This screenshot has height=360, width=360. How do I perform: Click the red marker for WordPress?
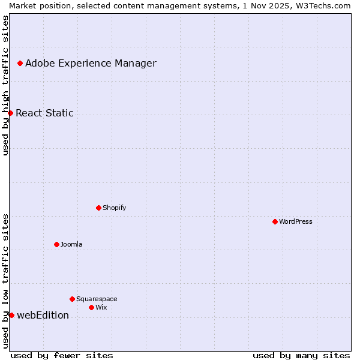(x=275, y=221)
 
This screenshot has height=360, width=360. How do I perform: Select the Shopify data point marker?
(x=98, y=208)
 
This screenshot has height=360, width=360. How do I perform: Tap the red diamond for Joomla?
(x=56, y=244)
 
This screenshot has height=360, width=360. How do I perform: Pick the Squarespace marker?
(x=72, y=299)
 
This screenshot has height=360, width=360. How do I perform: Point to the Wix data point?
(x=91, y=307)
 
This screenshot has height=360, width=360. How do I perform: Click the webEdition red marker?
(x=11, y=315)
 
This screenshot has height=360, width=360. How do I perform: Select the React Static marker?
(x=10, y=113)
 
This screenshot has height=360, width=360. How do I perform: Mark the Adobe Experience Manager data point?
(x=20, y=63)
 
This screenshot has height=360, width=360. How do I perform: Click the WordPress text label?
(x=296, y=221)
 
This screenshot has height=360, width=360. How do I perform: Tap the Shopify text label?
(x=114, y=208)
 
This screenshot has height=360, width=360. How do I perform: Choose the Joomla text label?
(x=71, y=244)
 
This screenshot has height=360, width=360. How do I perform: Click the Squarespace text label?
(x=97, y=299)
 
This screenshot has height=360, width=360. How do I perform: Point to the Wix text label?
(x=101, y=307)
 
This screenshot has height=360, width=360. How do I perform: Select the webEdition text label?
(x=43, y=315)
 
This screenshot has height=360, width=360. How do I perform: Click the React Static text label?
(x=44, y=113)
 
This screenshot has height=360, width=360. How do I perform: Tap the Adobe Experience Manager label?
(x=91, y=63)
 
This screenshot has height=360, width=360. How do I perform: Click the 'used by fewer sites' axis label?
(x=62, y=355)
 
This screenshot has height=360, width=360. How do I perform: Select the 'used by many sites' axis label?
(x=301, y=355)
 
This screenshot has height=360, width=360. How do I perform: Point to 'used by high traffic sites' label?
(x=5, y=85)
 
